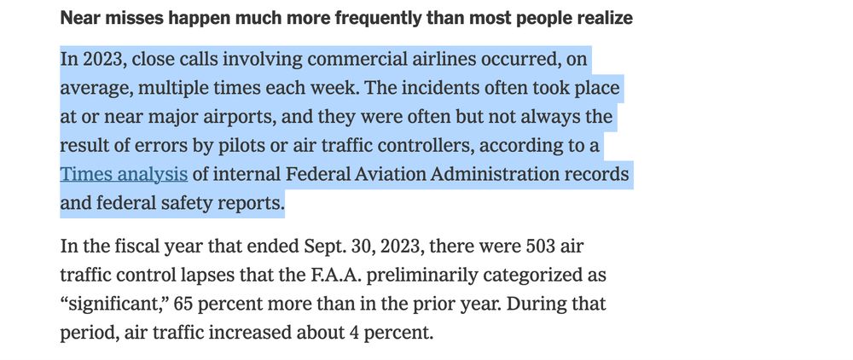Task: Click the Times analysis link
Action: [124, 175]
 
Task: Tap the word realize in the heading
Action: [604, 18]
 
